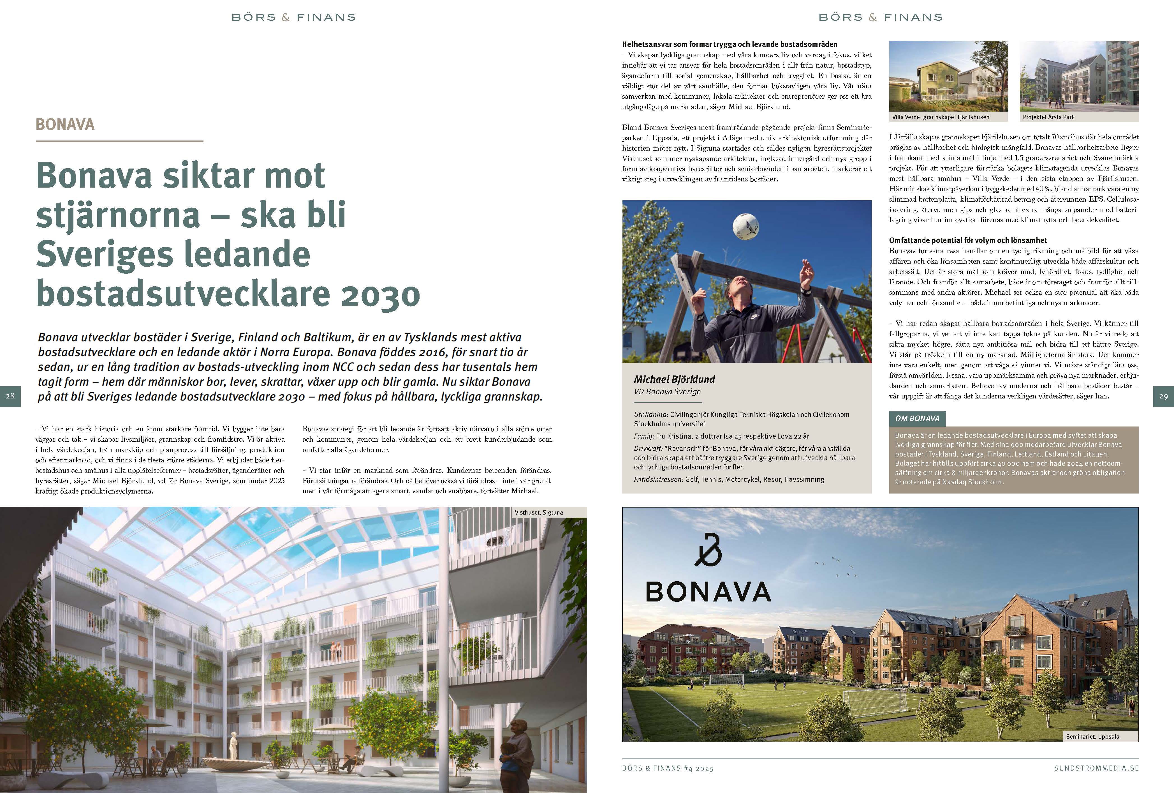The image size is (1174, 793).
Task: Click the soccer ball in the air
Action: pyautogui.click(x=745, y=226)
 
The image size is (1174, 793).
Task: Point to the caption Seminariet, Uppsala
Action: pyautogui.click(x=1092, y=736)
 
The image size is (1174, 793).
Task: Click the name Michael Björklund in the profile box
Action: pyautogui.click(x=674, y=379)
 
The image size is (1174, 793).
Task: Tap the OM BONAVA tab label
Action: pyautogui.click(x=917, y=418)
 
